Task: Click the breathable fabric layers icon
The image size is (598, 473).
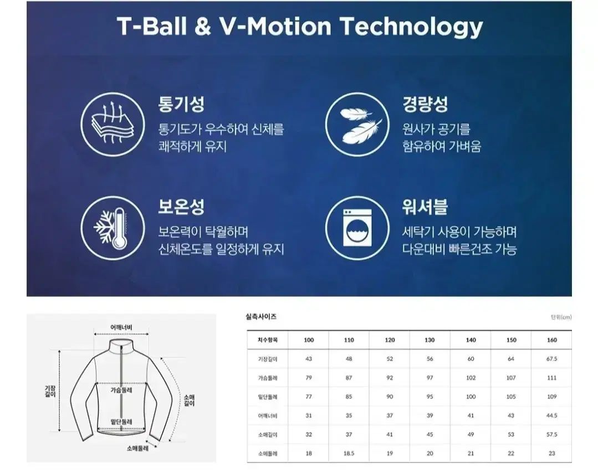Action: coord(113,124)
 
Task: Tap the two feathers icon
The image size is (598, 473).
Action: coord(357,124)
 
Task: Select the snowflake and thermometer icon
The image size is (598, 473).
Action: coord(113,228)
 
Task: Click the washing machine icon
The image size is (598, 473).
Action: coord(357,228)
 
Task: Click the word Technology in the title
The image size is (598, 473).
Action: coord(411,27)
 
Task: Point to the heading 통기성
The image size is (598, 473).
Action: coord(181,104)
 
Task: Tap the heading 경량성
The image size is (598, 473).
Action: coord(425,104)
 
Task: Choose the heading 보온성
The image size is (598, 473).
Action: coord(181,207)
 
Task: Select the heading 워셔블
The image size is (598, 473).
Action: coord(425,207)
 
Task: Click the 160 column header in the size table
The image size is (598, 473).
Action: coord(552,340)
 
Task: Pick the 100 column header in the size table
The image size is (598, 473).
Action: coord(309,340)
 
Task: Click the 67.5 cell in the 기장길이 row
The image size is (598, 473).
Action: coord(552,359)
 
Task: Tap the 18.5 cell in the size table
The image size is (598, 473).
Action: coord(349,454)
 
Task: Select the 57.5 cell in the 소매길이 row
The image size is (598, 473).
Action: coord(552,434)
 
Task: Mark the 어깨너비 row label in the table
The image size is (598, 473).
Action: coord(267,416)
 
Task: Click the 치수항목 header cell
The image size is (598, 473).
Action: coord(268,340)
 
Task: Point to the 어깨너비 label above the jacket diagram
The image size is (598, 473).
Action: coord(121,327)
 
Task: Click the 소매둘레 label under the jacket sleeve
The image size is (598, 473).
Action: coord(137,448)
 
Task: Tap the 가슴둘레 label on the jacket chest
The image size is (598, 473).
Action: coord(121,390)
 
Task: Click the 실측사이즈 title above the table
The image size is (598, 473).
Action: coord(261,317)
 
